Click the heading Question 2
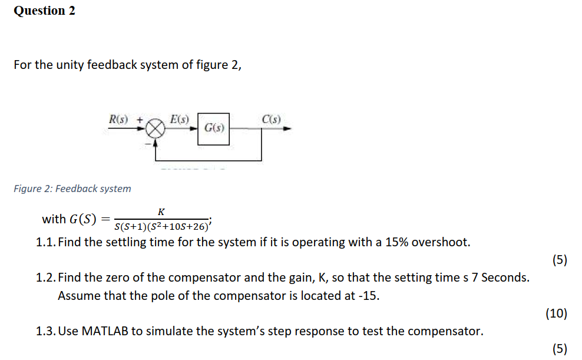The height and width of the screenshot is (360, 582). [44, 11]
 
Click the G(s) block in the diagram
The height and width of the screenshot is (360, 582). [214, 127]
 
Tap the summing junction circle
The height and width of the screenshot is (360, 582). [156, 128]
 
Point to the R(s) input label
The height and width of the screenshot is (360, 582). [120, 119]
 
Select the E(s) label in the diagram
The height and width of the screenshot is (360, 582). [179, 119]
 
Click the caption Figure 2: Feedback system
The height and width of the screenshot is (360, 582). [72, 189]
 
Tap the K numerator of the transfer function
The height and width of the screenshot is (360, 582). [161, 212]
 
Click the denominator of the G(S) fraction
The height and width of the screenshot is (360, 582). [162, 227]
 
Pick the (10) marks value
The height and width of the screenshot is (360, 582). [556, 313]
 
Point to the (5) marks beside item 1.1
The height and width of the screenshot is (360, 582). [559, 260]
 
